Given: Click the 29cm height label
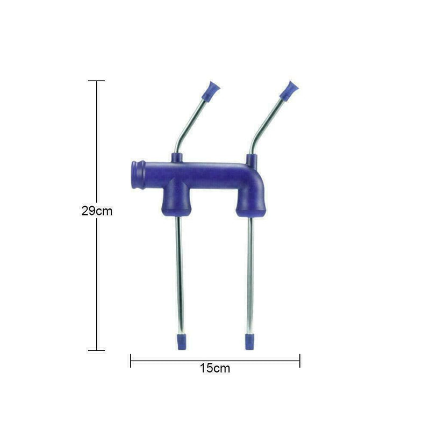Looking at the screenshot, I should [97, 211].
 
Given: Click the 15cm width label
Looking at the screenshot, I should [214, 368].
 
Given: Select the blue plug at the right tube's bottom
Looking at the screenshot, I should [250, 341].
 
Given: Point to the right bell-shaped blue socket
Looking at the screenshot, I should [250, 203].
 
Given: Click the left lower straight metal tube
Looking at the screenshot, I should [180, 274].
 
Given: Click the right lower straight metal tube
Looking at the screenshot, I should [250, 274].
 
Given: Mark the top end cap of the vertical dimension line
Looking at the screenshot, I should [97, 81].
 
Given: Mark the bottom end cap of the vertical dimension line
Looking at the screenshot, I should [97, 350].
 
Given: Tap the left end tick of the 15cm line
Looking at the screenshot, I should [131, 361].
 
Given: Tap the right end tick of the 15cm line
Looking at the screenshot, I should [300, 361].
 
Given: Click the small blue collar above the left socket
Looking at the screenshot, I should [177, 157].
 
